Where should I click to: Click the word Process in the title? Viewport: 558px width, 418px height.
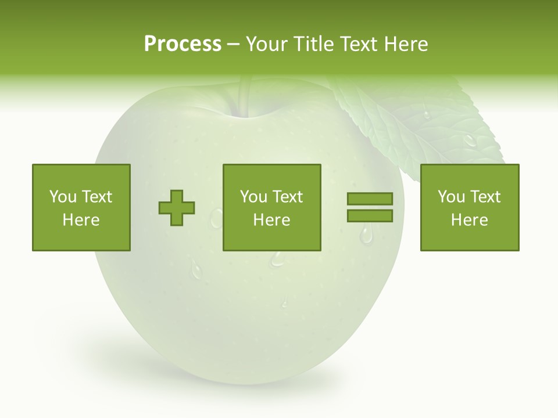183,44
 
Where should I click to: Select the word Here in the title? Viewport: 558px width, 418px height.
405,44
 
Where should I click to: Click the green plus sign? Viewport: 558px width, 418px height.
177,207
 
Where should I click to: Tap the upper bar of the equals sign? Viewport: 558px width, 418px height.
370,199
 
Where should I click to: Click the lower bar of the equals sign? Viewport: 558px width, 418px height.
370,216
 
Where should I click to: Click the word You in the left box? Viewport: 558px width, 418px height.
62,197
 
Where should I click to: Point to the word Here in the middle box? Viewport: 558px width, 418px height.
271,220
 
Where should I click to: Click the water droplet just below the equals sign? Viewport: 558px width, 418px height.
366,235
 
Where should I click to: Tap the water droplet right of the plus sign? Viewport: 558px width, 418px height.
217,218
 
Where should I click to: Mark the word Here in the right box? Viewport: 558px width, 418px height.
469,220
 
